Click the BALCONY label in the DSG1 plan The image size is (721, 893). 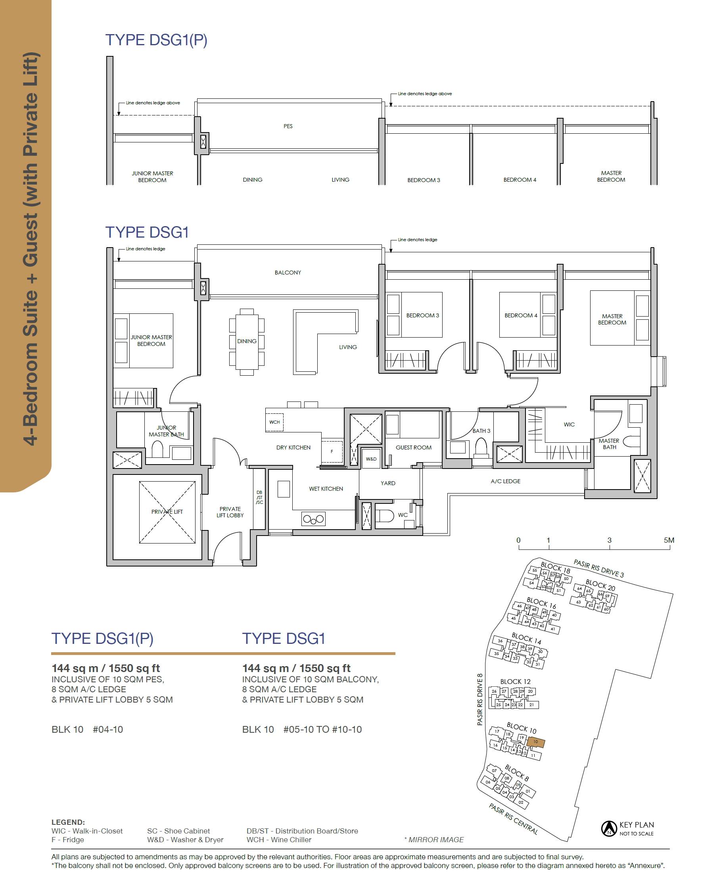pos(288,273)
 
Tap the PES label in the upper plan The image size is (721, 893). pos(288,126)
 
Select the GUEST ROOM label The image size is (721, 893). pos(413,447)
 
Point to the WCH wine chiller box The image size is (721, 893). pos(274,422)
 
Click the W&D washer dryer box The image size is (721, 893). pos(371,459)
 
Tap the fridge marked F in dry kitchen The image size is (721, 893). pos(332,451)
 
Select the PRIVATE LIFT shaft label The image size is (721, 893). pos(167,512)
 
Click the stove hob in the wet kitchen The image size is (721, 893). pos(314,519)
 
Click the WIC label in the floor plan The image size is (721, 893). pos(569,424)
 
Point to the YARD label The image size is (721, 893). pos(388,483)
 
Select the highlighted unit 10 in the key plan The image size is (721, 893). pos(536,742)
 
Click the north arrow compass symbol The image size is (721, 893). pos(609,829)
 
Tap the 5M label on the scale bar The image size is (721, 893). pos(669,540)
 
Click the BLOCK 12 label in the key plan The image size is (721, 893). pos(516,682)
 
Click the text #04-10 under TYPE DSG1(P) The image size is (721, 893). pos(108,729)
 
